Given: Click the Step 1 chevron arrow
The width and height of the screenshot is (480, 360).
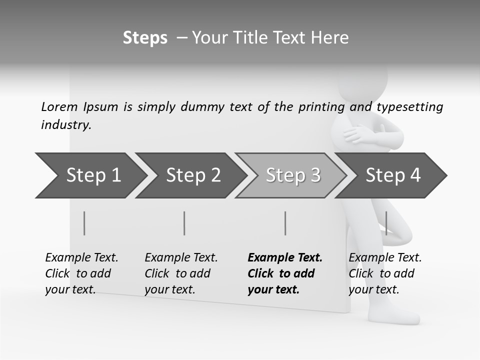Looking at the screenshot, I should point(90,175).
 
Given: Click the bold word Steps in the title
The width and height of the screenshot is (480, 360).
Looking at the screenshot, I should point(145,38).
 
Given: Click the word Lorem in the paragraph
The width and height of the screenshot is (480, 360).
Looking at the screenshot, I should point(59,106).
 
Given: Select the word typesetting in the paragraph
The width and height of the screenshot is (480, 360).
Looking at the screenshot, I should point(409,107).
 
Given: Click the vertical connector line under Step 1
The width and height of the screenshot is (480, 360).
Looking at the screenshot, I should point(84,223).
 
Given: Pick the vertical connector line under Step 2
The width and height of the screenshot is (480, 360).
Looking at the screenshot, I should point(184,223).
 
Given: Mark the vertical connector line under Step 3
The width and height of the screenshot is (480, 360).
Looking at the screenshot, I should point(285,223).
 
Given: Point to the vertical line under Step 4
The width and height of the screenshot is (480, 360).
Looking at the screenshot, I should point(386,223).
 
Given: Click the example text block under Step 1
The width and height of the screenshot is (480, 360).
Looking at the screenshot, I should point(81,273).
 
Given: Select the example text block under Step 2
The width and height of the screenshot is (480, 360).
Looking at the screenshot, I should point(181,273).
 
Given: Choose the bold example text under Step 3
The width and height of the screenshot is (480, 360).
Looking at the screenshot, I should point(285,273).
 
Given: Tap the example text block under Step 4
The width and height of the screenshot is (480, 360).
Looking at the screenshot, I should point(385,273).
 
